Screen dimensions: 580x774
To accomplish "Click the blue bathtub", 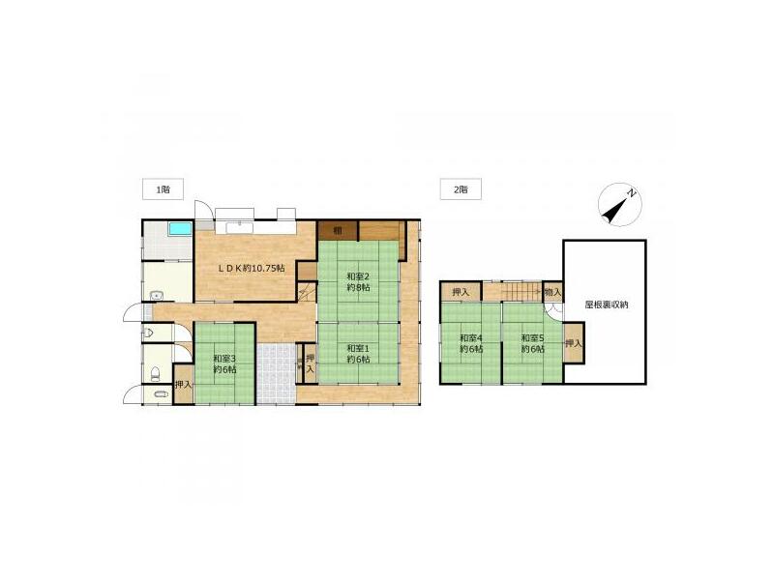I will [x=179, y=230].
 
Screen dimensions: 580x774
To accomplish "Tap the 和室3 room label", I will [x=225, y=364].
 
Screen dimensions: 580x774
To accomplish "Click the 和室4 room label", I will [x=471, y=343].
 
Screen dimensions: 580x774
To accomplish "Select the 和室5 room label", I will [x=531, y=343].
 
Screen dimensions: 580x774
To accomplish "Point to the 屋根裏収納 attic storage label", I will [x=606, y=304].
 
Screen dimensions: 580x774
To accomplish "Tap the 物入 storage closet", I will [x=551, y=292].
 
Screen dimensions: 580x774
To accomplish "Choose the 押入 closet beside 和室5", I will [x=573, y=343].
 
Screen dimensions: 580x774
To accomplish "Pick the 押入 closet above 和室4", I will [x=461, y=292].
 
